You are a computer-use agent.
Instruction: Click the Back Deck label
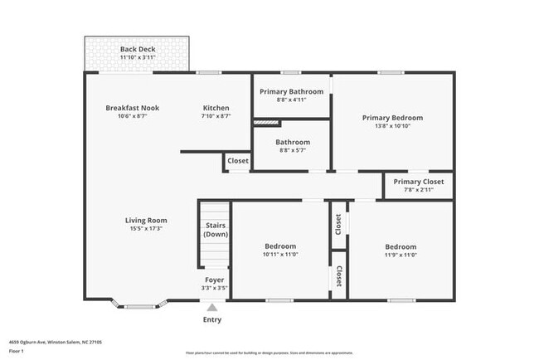pyautogui.click(x=138, y=50)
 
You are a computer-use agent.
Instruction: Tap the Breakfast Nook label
pyautogui.click(x=132, y=109)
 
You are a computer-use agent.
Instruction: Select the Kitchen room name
pyautogui.click(x=216, y=109)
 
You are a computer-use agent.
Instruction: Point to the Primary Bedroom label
pyautogui.click(x=392, y=118)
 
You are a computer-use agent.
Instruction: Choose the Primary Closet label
pyautogui.click(x=419, y=182)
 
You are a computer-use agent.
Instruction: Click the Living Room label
pyautogui.click(x=146, y=221)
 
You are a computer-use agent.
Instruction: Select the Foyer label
pyautogui.click(x=213, y=280)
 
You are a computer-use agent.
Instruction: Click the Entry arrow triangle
pyautogui.click(x=212, y=307)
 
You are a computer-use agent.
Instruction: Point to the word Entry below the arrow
pyautogui.click(x=212, y=320)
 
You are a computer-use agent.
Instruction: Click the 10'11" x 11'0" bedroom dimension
pyautogui.click(x=280, y=255)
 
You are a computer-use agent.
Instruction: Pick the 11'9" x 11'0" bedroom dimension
pyautogui.click(x=400, y=255)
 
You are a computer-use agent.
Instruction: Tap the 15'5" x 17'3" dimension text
pyautogui.click(x=146, y=229)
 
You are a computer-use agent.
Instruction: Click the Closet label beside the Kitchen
pyautogui.click(x=238, y=161)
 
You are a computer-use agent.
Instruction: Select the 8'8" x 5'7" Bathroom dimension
pyautogui.click(x=293, y=150)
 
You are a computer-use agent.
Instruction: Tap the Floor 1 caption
pyautogui.click(x=17, y=349)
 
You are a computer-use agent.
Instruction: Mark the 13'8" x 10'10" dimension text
pyautogui.click(x=392, y=126)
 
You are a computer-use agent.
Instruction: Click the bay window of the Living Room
pyautogui.click(x=140, y=303)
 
